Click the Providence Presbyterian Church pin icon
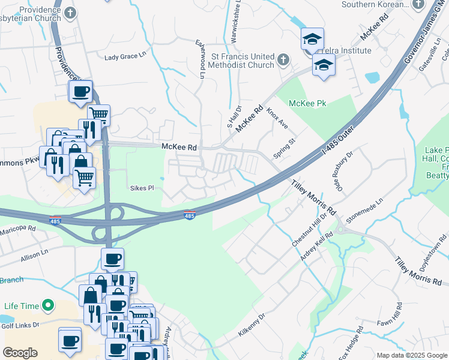coord(70,13)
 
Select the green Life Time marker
coord(45,306)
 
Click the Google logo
coord(20,353)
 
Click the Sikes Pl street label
coord(142,188)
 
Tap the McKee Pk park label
coord(307,103)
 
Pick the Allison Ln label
coord(34,256)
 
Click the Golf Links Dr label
coord(20,325)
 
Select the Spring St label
coord(285,148)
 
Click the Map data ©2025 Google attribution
coord(412,355)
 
